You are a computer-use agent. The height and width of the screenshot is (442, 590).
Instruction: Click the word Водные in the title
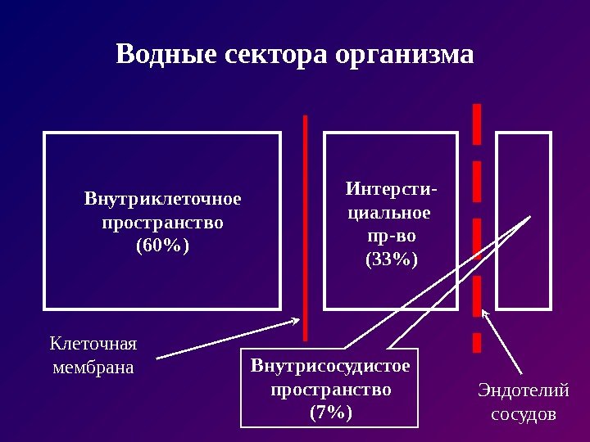pyautogui.click(x=161, y=56)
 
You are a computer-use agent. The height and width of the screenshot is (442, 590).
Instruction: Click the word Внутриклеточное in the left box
pyautogui.click(x=163, y=199)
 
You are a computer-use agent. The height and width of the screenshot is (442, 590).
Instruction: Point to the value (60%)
pyautogui.click(x=162, y=245)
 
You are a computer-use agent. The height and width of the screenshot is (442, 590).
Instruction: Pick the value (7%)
pyautogui.click(x=330, y=413)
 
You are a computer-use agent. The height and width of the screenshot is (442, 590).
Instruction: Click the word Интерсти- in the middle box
pyautogui.click(x=391, y=190)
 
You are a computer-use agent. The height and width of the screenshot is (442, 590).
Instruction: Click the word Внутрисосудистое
pyautogui.click(x=330, y=365)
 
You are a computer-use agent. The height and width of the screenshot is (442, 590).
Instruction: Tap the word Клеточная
pyautogui.click(x=93, y=342)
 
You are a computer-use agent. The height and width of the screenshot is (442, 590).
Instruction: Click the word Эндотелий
pyautogui.click(x=523, y=390)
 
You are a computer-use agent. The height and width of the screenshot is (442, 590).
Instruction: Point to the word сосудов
pyautogui.click(x=523, y=413)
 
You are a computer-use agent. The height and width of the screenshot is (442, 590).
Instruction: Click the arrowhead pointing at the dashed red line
pyautogui.click(x=485, y=313)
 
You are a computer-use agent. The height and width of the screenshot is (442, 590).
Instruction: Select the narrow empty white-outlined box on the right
pyautogui.click(x=524, y=221)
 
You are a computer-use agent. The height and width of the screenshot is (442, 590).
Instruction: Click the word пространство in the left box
pyautogui.click(x=162, y=222)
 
